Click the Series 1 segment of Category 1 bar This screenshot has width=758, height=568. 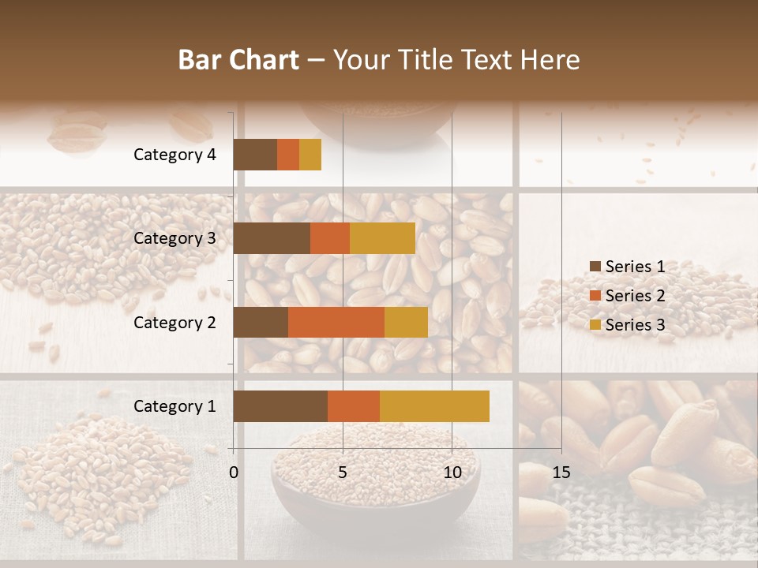point(280,406)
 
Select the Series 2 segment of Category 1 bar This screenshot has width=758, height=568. point(354,406)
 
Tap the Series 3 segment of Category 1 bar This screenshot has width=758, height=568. point(434,406)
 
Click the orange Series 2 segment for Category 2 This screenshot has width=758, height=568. point(336,322)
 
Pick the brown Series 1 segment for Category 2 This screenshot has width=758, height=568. point(261,322)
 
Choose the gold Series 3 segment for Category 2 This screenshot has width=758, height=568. point(406,322)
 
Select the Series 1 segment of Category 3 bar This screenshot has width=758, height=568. point(272,238)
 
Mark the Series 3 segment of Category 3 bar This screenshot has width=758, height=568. point(382,238)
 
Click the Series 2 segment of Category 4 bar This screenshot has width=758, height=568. point(288,155)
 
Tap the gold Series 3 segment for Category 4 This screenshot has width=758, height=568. point(310,155)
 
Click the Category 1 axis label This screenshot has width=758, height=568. point(174,406)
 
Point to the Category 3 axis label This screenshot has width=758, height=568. point(174,238)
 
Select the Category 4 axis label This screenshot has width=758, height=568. point(174,155)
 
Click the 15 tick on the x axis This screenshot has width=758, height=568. point(561,473)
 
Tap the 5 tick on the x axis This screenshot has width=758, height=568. point(343,473)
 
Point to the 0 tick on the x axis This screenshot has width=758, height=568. point(234,473)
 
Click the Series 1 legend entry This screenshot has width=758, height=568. point(628,267)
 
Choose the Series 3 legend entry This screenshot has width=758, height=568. point(628,325)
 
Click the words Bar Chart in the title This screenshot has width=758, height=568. point(238,60)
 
